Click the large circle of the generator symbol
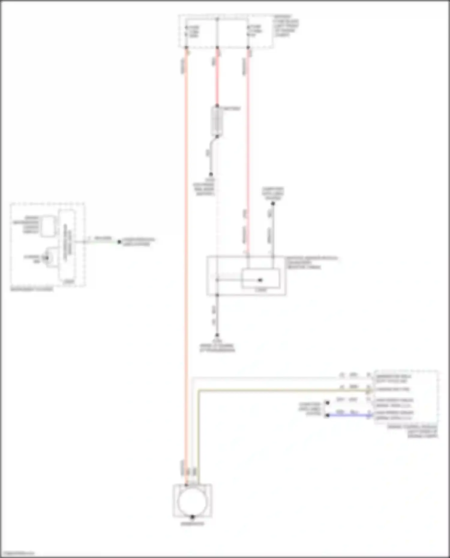(x=192, y=501)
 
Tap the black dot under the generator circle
(x=192, y=517)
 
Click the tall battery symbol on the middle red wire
(x=217, y=121)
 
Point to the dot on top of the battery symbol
(x=217, y=106)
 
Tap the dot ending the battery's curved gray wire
(x=211, y=174)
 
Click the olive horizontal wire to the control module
(x=282, y=390)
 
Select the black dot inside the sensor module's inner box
(x=260, y=280)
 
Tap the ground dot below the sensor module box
(x=217, y=335)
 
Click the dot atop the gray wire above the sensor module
(x=273, y=204)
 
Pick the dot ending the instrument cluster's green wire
(x=119, y=242)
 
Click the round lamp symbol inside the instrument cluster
(x=47, y=258)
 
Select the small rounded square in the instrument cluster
(x=48, y=226)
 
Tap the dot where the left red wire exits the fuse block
(x=186, y=48)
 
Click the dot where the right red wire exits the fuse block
(x=248, y=48)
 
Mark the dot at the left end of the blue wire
(x=328, y=416)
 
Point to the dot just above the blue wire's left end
(x=328, y=403)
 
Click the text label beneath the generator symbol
(x=192, y=524)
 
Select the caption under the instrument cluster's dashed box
(x=32, y=289)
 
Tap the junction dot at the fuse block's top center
(x=217, y=19)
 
